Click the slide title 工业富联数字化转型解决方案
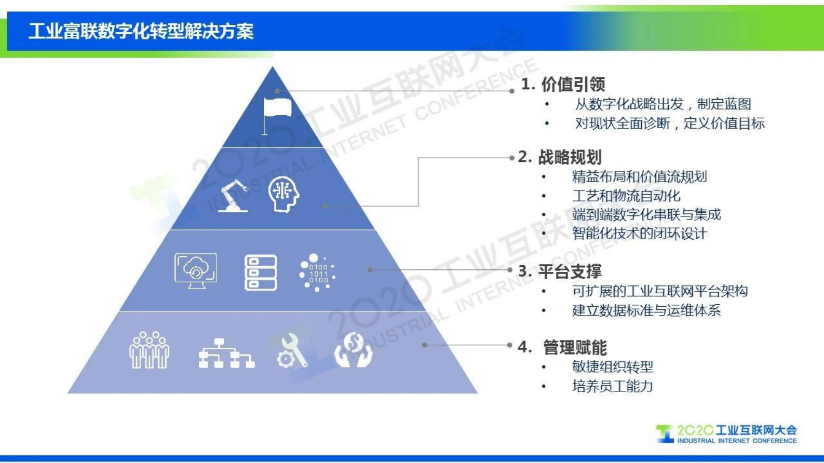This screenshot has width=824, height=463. point(141,31)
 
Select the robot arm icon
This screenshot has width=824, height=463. point(233,195)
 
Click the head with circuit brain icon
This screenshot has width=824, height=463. point(283,194)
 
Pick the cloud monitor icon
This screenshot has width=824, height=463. point(196,270)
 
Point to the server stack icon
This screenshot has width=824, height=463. point(260,273)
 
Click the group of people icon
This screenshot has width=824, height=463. point(149,350)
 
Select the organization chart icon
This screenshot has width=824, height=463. point(226,353)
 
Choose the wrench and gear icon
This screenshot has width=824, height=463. point(291,351)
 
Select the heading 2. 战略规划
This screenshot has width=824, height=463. point(560,157)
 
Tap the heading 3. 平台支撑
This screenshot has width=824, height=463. point(560,271)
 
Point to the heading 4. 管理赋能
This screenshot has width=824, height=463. point(562,347)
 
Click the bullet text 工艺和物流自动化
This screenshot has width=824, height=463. point(626,196)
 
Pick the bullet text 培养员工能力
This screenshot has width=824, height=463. point(612,386)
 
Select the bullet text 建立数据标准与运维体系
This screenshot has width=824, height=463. point(646,310)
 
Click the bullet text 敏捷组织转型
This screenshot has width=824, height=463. point(612,367)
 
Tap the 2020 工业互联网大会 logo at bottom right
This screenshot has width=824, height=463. point(726,434)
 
